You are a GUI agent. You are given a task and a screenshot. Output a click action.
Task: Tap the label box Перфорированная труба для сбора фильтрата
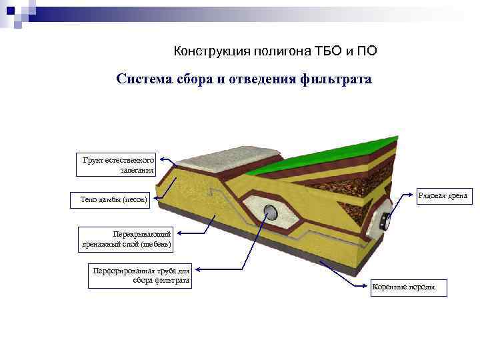[140, 276]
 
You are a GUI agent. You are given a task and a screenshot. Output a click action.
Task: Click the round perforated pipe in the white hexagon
[271, 213]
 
